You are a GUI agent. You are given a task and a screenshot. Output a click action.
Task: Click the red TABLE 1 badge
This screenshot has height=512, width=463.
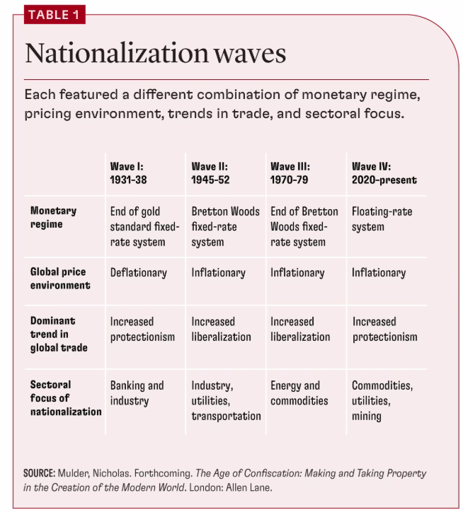point(55,15)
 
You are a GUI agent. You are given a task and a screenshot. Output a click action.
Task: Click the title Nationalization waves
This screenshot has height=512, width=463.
point(156,53)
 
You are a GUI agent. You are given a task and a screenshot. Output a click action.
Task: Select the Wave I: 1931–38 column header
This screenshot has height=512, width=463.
point(129,173)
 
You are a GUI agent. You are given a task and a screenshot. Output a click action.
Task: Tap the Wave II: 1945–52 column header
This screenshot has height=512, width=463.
point(210,173)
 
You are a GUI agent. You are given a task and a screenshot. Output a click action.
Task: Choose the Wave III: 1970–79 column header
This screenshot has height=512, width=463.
point(290,173)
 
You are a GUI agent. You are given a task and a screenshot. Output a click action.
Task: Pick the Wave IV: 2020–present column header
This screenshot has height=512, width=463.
point(384,173)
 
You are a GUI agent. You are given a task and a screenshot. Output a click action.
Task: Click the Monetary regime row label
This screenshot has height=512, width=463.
point(53,218)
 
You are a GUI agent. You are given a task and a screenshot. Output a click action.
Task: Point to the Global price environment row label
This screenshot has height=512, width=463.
point(60,279)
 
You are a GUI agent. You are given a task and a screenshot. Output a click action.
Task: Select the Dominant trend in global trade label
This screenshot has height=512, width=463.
point(59,334)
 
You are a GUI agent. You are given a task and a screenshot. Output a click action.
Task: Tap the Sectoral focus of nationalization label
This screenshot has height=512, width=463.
point(66,398)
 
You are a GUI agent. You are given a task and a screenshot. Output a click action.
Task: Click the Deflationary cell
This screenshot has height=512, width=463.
point(138,273)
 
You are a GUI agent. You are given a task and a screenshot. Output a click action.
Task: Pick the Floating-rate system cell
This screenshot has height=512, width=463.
point(382,219)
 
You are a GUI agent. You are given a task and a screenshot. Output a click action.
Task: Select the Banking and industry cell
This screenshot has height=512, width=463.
point(137,393)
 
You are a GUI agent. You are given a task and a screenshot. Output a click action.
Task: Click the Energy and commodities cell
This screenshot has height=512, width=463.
point(299,393)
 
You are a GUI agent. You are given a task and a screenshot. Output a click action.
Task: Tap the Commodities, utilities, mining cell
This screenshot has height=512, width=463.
point(382,401)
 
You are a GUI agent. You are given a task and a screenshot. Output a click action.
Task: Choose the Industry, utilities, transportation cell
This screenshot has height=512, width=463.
point(227,401)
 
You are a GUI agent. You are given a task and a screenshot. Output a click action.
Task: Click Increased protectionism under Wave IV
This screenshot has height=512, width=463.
point(385,329)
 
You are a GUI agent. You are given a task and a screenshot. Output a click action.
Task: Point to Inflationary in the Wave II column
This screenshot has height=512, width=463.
point(219,273)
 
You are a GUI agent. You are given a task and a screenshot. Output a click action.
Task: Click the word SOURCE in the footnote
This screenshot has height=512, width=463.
point(39,473)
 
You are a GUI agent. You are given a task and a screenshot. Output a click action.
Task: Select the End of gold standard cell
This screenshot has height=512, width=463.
point(144,226)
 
